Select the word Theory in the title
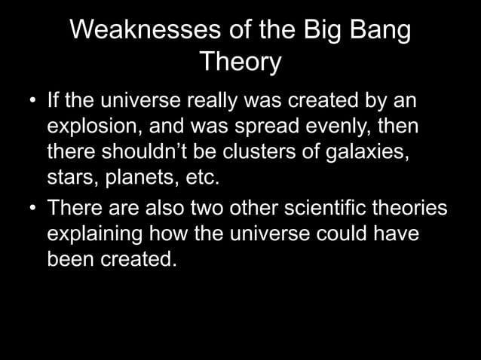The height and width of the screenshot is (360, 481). coord(240,63)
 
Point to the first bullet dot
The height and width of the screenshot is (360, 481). coord(32,101)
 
